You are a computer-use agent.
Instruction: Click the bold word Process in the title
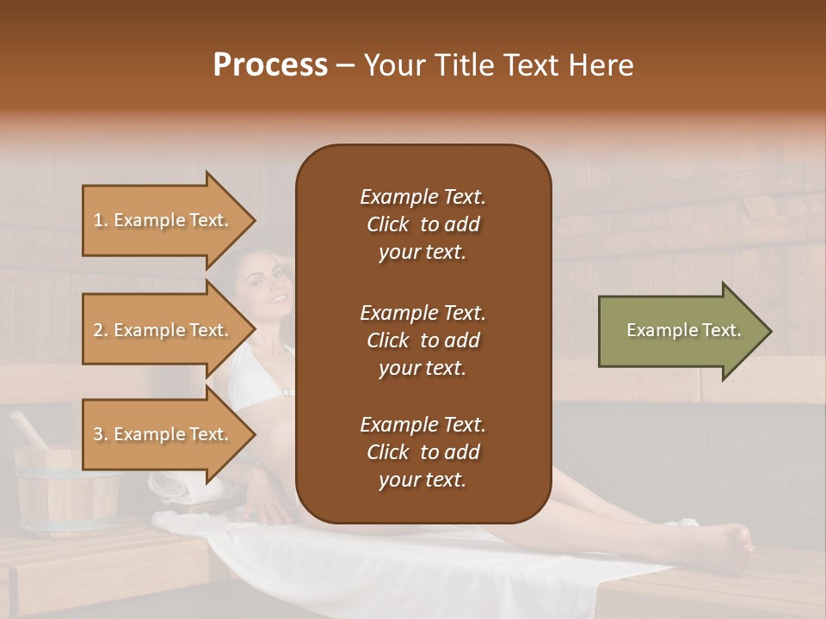tap(270, 65)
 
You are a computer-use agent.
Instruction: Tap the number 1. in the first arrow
tap(101, 220)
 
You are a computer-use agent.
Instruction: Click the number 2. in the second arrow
tap(101, 330)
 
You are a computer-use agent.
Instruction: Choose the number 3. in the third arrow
tap(101, 434)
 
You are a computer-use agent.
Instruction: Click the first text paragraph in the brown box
tap(422, 224)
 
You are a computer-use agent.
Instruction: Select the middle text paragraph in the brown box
tap(422, 340)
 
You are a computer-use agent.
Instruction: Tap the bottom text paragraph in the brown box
tap(422, 452)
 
